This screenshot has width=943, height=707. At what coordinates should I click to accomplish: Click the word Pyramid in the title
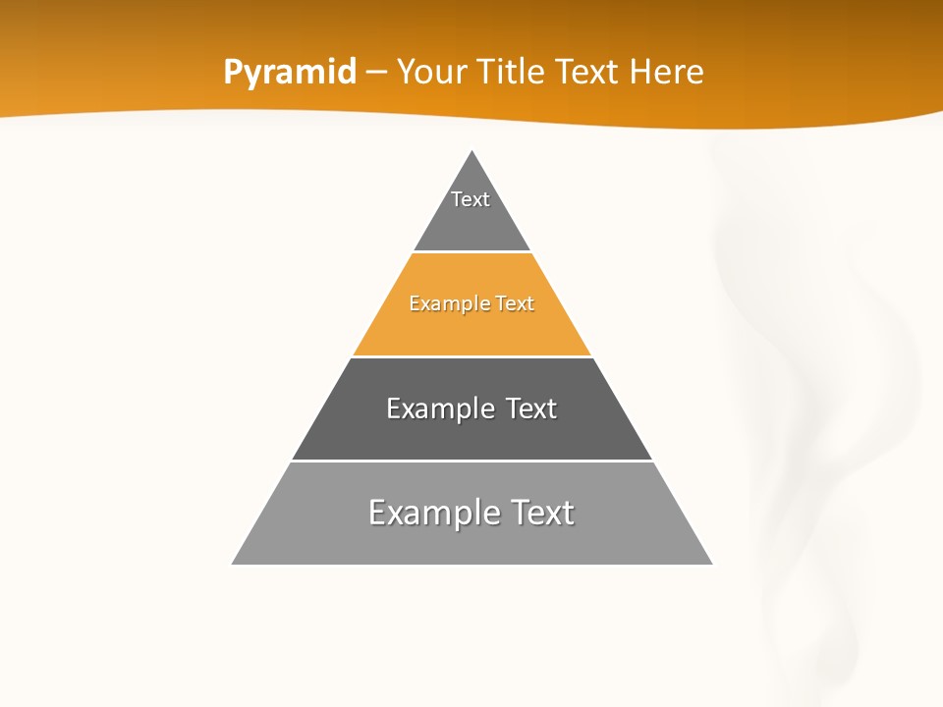[x=290, y=73]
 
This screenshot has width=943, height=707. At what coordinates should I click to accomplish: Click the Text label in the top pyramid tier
[x=471, y=199]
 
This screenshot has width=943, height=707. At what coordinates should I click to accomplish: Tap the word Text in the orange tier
[x=515, y=304]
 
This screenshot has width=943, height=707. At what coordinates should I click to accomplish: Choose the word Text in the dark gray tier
[x=531, y=408]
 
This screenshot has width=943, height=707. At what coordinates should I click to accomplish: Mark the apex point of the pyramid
[x=472, y=150]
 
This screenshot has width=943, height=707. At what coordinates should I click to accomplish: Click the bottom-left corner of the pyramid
[x=232, y=564]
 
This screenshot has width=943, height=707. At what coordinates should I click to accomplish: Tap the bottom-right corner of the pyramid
[x=712, y=564]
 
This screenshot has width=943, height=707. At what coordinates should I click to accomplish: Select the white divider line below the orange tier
[x=471, y=356]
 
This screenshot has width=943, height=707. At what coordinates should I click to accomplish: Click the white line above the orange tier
[x=471, y=252]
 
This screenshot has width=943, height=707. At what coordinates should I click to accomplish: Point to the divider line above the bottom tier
[x=471, y=461]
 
